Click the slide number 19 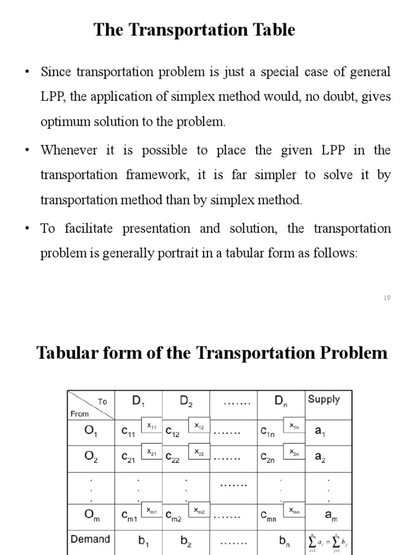[x=387, y=298]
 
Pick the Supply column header [x=323, y=399]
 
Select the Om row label [x=91, y=515]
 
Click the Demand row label [x=90, y=539]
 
